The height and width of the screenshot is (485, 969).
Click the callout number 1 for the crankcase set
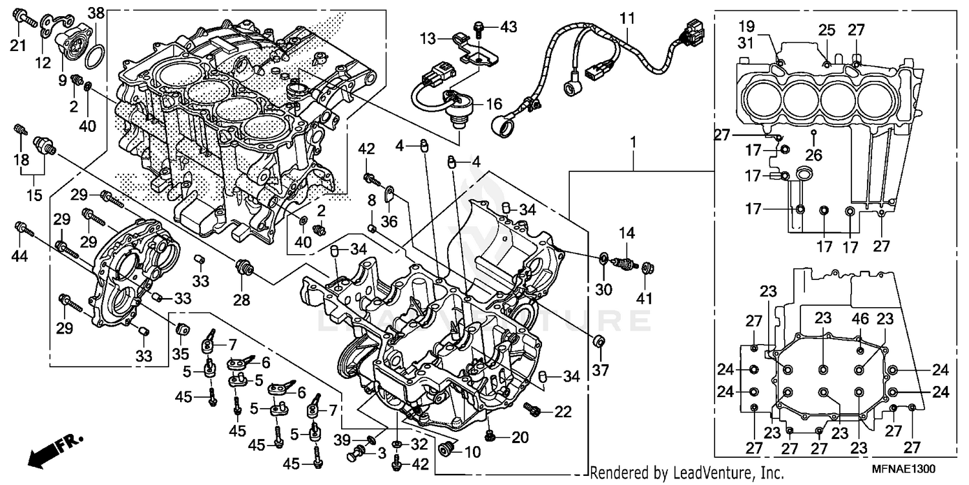coord(634,141)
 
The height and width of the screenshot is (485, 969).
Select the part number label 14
coord(627,232)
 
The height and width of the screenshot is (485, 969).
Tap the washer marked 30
coord(602,259)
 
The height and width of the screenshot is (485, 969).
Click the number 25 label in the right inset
coord(827,29)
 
